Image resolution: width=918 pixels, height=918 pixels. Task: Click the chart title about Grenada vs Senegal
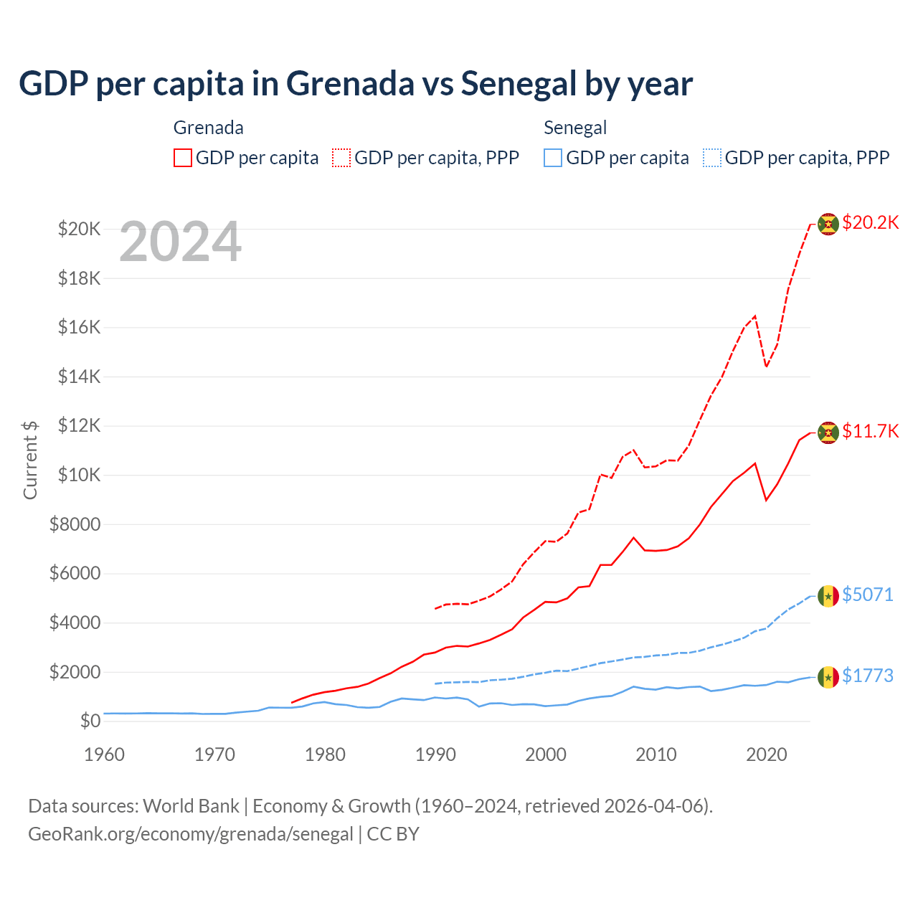pyautogui.click(x=356, y=83)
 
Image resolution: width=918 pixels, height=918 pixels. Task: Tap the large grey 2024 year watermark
pyautogui.click(x=180, y=242)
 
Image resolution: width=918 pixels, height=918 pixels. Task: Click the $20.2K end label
pyautogui.click(x=870, y=222)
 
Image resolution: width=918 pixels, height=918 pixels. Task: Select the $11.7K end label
pyautogui.click(x=870, y=431)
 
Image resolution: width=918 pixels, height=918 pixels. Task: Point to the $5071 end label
pyautogui.click(x=867, y=595)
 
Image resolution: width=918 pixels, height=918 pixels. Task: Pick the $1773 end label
pyautogui.click(x=867, y=676)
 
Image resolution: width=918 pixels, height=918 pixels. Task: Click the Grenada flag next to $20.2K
pyautogui.click(x=828, y=224)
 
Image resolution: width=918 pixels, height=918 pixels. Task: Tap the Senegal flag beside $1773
pyautogui.click(x=828, y=676)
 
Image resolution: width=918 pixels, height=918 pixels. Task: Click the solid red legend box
pyautogui.click(x=183, y=158)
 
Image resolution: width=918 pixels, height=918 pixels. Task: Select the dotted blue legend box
pyautogui.click(x=712, y=158)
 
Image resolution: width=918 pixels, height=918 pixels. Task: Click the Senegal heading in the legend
pyautogui.click(x=575, y=128)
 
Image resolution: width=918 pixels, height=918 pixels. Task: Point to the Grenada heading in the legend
pyautogui.click(x=209, y=128)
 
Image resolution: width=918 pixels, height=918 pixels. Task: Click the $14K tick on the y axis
pyautogui.click(x=80, y=377)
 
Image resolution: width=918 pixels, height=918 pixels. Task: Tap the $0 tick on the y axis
pyautogui.click(x=90, y=721)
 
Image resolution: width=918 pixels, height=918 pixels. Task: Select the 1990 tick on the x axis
pyautogui.click(x=435, y=754)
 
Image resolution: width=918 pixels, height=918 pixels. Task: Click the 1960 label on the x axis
pyautogui.click(x=105, y=754)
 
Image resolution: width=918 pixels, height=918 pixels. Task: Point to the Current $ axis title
pyautogui.click(x=30, y=460)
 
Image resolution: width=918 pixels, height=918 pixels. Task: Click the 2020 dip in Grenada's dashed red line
pyautogui.click(x=766, y=366)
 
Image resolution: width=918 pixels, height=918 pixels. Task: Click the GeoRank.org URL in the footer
pyautogui.click(x=191, y=834)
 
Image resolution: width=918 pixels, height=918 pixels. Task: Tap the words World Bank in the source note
pyautogui.click(x=191, y=806)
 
